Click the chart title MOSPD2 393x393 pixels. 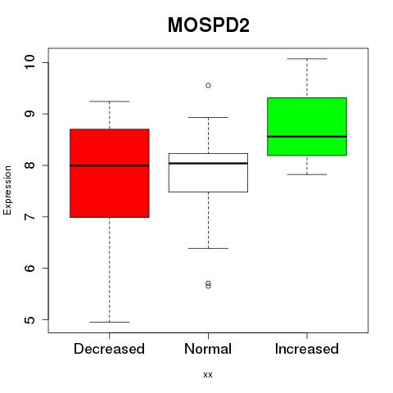pos(209,25)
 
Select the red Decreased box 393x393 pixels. pos(110,173)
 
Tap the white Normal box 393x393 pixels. pos(208,173)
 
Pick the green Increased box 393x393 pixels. pos(307,126)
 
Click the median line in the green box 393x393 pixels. pos(307,137)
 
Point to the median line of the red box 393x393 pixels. pos(110,165)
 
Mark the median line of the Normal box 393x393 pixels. pos(208,163)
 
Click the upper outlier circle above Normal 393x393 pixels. pos(208,85)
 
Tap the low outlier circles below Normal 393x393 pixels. pos(208,285)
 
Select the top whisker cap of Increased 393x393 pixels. pos(307,59)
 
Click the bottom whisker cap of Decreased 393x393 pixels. pos(110,322)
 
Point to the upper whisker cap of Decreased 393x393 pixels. pos(110,102)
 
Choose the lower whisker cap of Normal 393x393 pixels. pos(208,248)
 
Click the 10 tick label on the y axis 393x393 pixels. pos(29,62)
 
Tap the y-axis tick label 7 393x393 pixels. pos(29,217)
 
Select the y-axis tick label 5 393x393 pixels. pos(29,319)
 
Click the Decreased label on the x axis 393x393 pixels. pos(109,349)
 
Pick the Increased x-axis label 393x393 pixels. pos(307,349)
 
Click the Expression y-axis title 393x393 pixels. pos(7,190)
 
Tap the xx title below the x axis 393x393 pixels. pos(208,375)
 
